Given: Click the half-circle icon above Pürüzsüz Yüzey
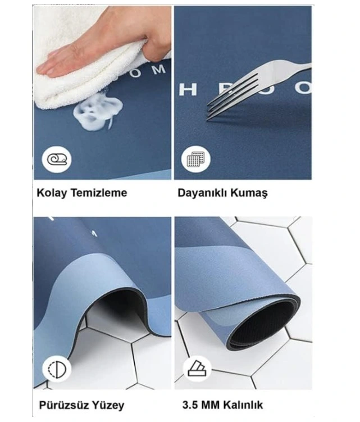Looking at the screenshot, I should tap(57, 369).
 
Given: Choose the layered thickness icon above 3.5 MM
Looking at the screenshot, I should tap(196, 369).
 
